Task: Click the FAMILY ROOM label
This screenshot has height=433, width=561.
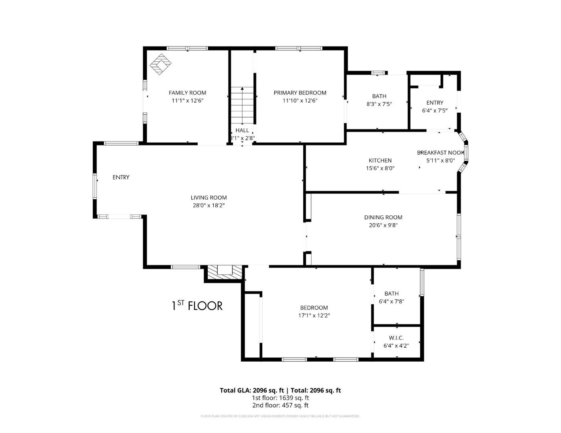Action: tap(187, 93)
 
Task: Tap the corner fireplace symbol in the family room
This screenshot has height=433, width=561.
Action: tap(161, 64)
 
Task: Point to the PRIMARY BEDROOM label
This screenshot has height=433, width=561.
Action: tap(300, 93)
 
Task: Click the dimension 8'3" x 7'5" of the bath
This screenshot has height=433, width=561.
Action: tap(379, 104)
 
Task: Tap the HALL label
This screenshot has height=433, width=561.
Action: tap(242, 130)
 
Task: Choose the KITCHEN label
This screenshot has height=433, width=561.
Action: tap(380, 160)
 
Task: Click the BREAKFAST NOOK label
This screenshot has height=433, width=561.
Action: tap(440, 153)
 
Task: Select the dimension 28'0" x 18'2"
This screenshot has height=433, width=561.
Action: tap(209, 205)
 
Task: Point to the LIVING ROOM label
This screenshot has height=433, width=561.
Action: tap(209, 197)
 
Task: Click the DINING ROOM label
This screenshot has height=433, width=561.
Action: tap(383, 217)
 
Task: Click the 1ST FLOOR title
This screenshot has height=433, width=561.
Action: tap(197, 306)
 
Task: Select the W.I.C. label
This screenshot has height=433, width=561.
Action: tap(396, 338)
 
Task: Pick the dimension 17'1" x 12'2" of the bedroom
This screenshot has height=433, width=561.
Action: tap(314, 316)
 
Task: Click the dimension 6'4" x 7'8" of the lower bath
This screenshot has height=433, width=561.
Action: tap(391, 301)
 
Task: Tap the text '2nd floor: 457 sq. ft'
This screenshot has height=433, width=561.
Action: tap(280, 405)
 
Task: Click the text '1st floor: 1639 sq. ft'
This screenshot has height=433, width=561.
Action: tap(280, 398)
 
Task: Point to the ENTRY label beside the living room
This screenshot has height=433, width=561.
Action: tap(121, 177)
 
